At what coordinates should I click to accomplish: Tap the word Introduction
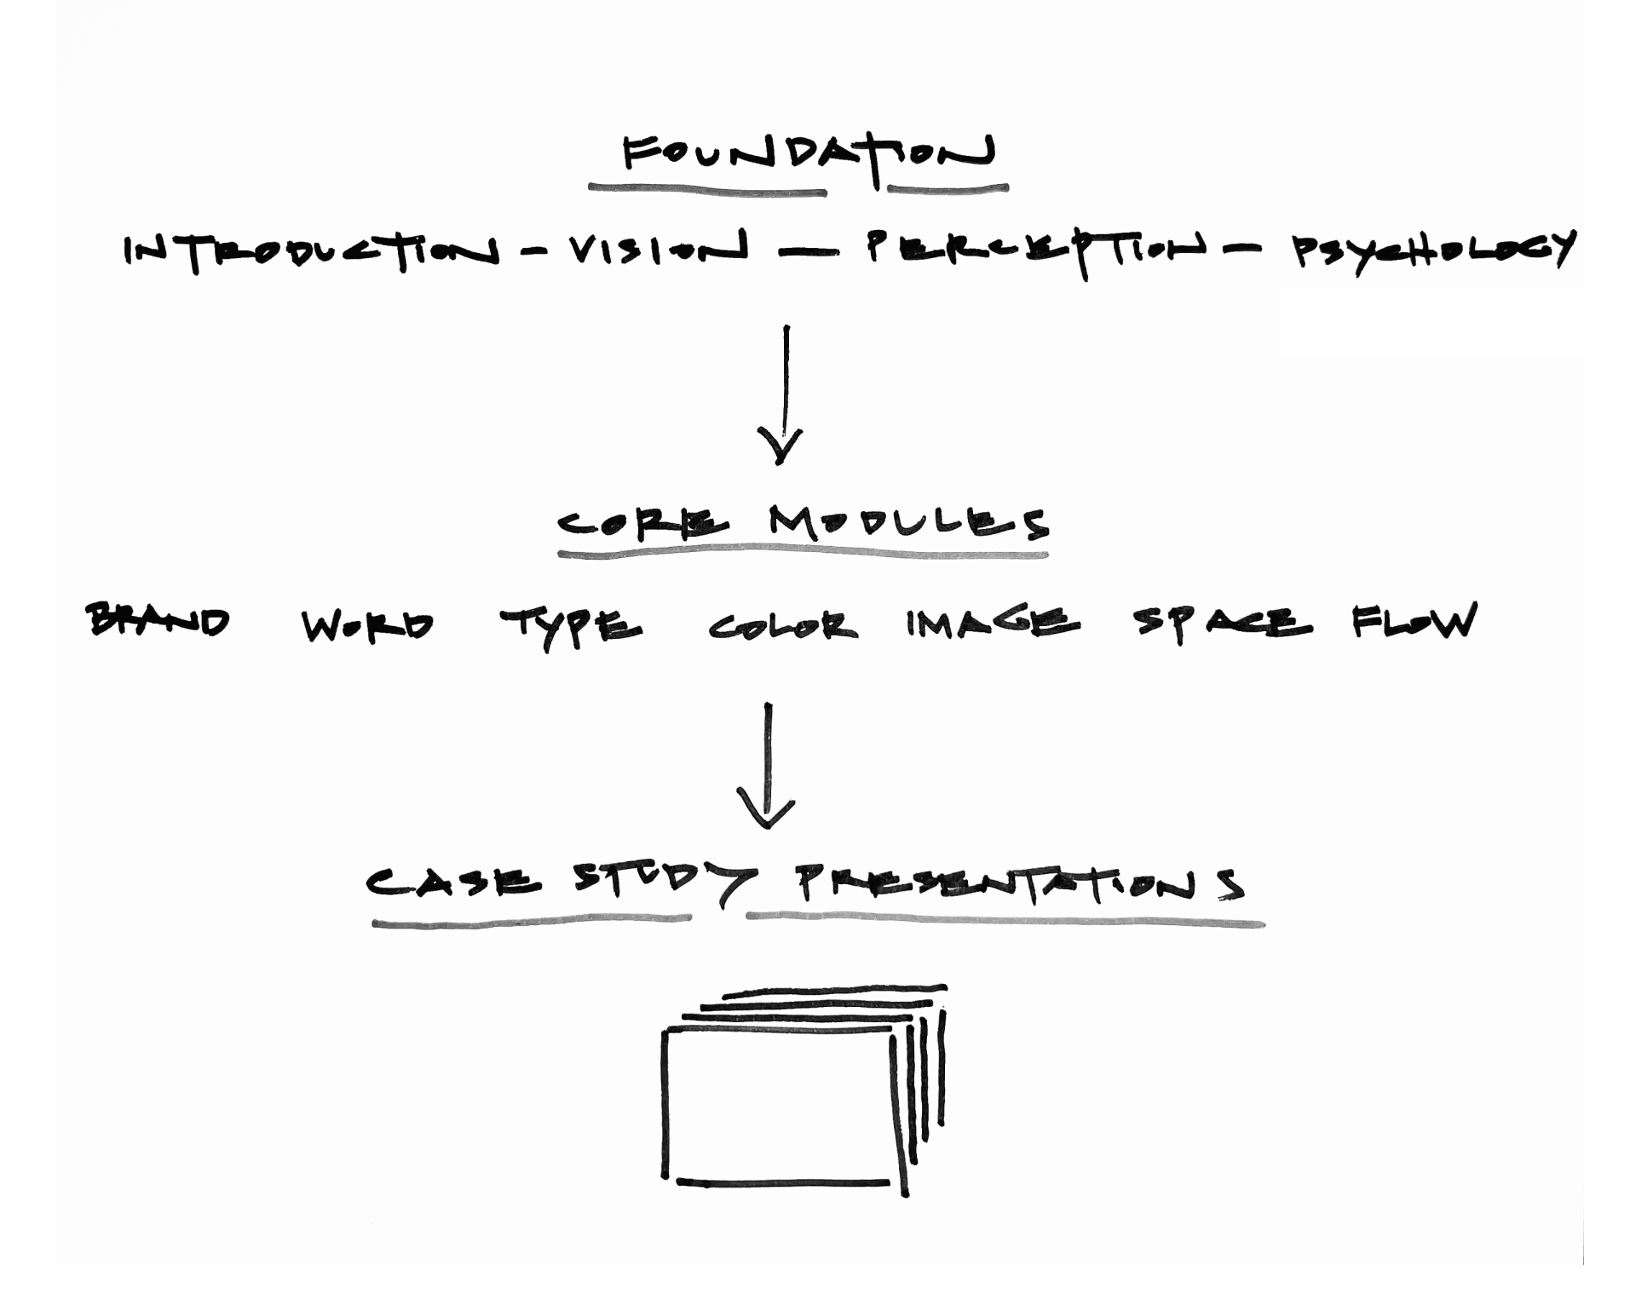(311, 250)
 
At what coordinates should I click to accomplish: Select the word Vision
(657, 249)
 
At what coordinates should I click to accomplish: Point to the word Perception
(1036, 249)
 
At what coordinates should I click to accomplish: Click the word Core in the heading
(643, 523)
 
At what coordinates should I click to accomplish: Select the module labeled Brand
(158, 621)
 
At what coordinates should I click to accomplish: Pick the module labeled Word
(367, 626)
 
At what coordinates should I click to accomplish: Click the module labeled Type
(571, 626)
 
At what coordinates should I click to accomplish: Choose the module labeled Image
(993, 623)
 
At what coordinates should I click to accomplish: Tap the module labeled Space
(1223, 623)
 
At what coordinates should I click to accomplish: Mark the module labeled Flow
(1414, 621)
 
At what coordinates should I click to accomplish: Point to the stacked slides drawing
(801, 1090)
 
